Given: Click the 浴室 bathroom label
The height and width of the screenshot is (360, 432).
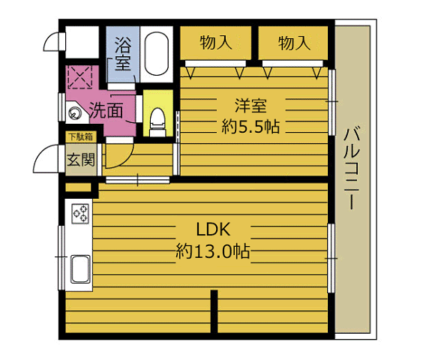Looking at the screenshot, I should tap(121, 54).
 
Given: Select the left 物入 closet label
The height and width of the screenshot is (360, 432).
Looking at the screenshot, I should tap(215, 43).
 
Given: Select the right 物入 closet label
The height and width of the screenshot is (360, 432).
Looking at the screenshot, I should tap(294, 43).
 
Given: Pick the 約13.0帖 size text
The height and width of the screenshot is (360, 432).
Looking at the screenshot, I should tap(213, 250).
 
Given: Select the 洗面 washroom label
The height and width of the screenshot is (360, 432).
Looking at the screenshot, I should tap(106, 111).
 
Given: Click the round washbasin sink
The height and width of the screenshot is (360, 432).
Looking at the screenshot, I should tap(74, 114).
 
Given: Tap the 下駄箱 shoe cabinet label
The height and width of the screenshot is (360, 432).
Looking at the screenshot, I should tap(80, 137).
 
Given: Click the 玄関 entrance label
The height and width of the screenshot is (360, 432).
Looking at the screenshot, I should tap(80, 159).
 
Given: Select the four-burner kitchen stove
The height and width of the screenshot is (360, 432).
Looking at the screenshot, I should tap(79, 212).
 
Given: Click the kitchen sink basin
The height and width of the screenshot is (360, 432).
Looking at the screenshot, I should tap(79, 265).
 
